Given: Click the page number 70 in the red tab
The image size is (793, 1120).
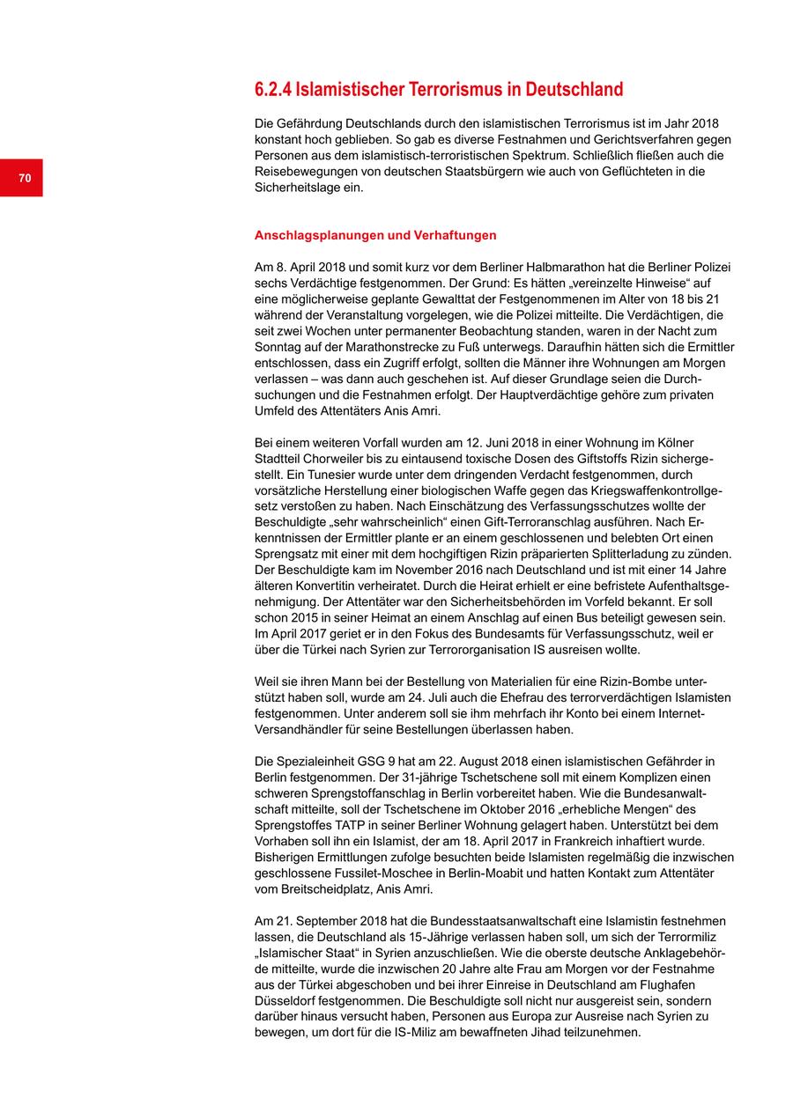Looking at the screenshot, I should (25, 179).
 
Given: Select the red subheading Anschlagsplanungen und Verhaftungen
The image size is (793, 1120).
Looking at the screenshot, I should (375, 235).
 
